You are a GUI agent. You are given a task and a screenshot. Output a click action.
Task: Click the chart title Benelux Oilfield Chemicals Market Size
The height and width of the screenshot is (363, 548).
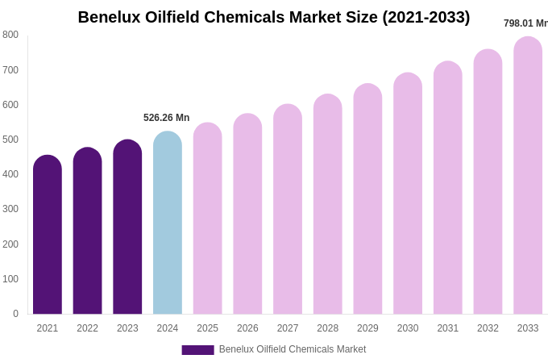click(274, 17)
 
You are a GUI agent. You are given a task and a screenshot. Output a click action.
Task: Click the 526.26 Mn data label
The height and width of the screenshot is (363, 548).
click(167, 118)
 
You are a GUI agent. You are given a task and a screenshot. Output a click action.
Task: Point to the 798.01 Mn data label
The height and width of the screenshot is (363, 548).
click(525, 23)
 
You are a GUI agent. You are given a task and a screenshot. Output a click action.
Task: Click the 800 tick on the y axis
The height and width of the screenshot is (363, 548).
click(10, 35)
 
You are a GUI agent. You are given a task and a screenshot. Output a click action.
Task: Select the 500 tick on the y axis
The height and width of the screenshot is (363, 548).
click(10, 140)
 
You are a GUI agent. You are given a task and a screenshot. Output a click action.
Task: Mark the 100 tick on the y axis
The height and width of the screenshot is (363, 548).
click(10, 279)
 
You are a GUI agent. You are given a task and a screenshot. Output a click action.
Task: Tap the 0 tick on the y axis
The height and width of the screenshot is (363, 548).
click(15, 314)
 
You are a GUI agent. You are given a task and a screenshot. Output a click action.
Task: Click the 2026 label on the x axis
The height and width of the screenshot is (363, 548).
click(247, 328)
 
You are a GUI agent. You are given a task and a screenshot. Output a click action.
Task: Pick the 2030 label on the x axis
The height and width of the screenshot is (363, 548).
click(408, 328)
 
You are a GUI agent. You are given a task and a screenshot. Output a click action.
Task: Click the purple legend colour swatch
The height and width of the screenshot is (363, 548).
click(197, 350)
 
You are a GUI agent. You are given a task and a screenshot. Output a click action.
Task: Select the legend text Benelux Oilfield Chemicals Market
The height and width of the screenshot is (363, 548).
click(293, 349)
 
